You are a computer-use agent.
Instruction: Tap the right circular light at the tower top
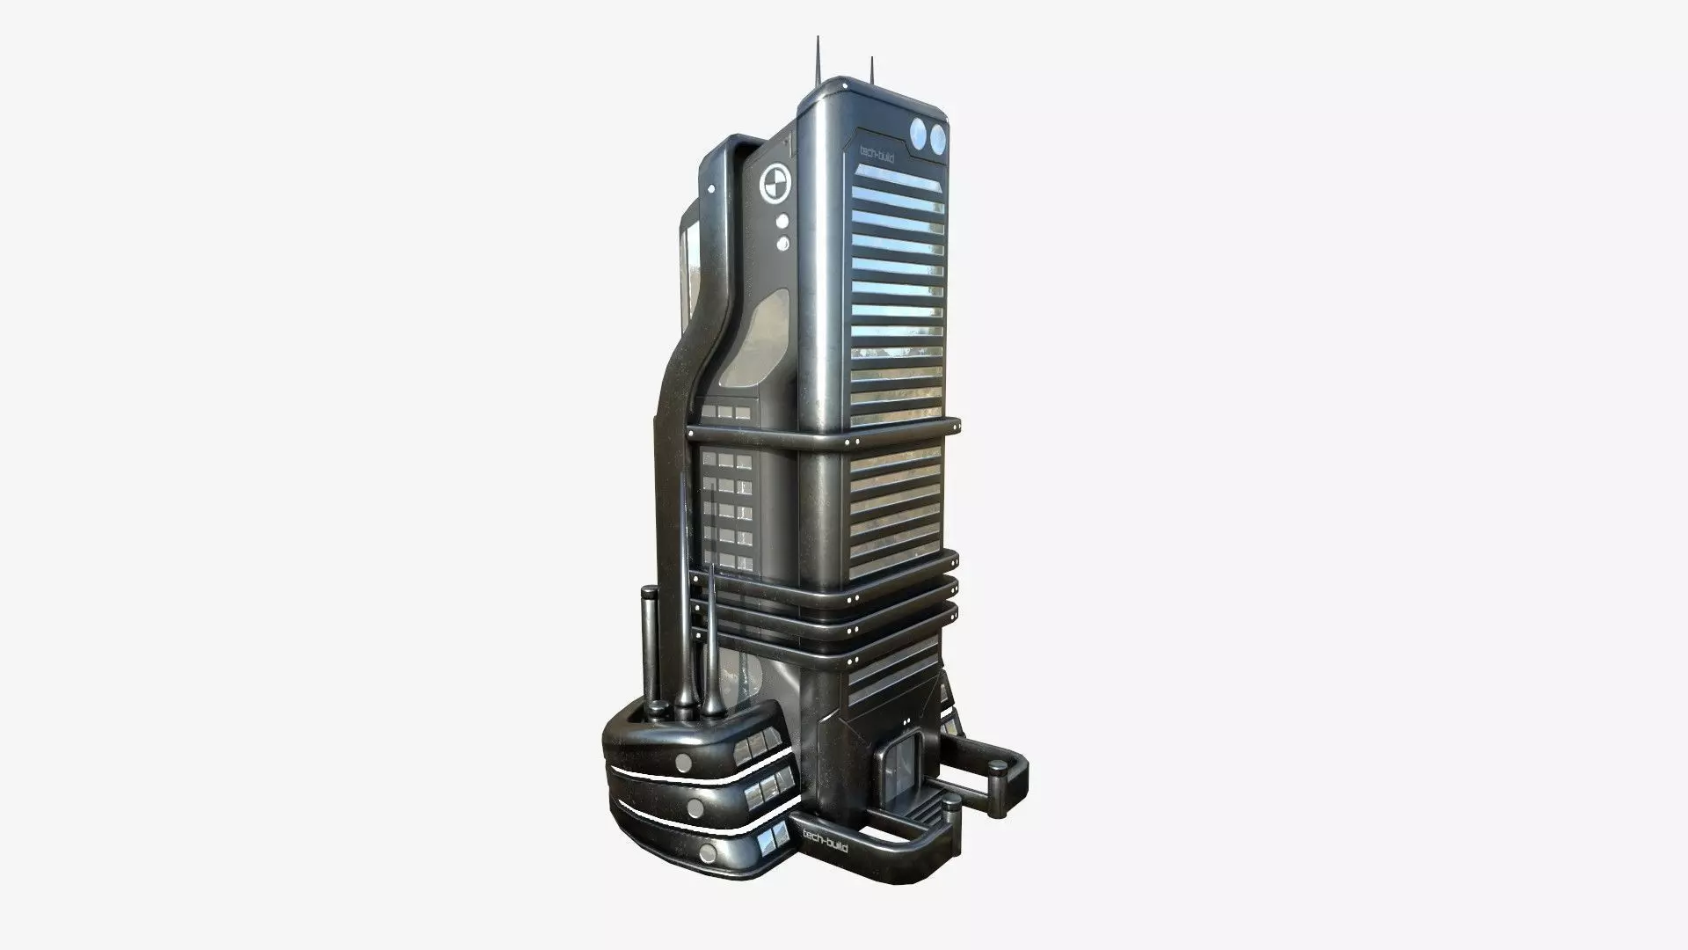coord(937,136)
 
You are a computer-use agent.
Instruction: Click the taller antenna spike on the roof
coord(818,58)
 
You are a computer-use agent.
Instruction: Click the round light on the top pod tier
coord(683,737)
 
